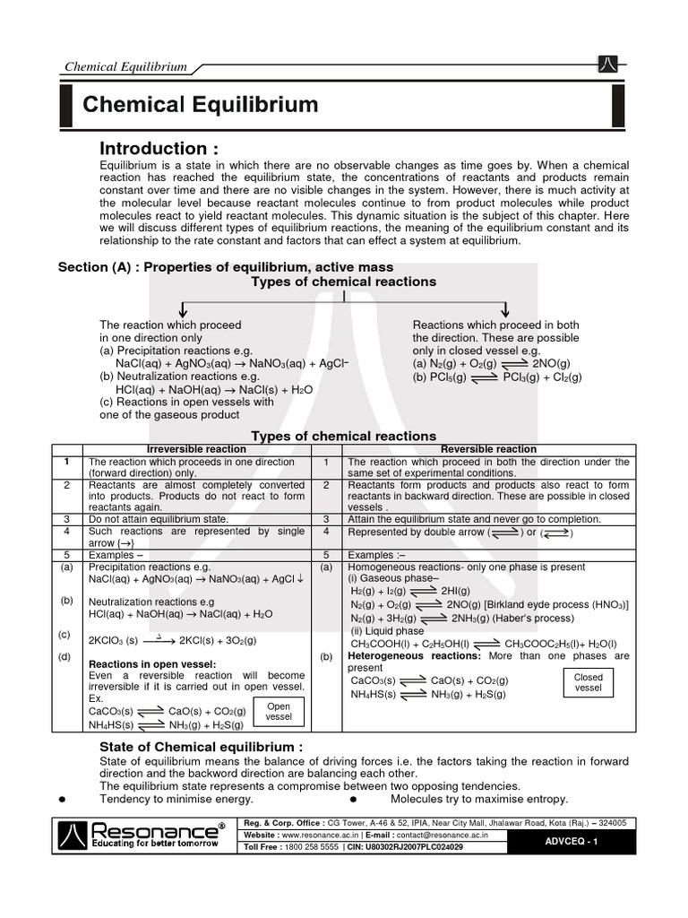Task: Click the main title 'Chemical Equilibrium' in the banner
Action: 201,105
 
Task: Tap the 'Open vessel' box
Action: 279,712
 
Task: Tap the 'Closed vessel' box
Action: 589,682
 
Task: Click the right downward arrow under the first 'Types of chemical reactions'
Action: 504,308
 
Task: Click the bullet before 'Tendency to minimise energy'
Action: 62,799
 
